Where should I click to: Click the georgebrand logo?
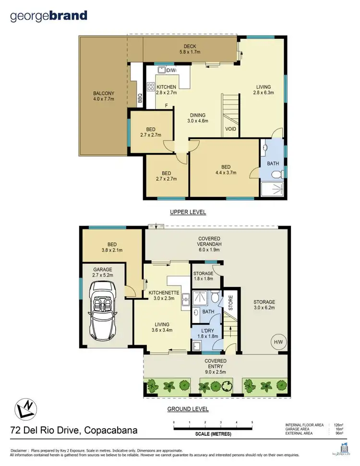pos(48,16)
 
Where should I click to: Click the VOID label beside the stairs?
pos(230,129)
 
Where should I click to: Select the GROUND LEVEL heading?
pos(188,409)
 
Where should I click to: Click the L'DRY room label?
pos(207,331)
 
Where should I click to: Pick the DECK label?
pos(185,47)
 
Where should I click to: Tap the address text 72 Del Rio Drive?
pos(74,430)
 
